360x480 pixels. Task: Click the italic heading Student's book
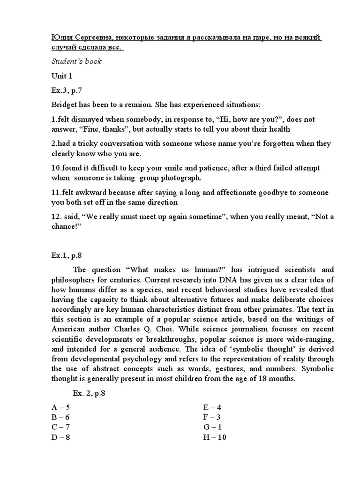76,61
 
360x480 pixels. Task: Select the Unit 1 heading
62,75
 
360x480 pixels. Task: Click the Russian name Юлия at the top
62,38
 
